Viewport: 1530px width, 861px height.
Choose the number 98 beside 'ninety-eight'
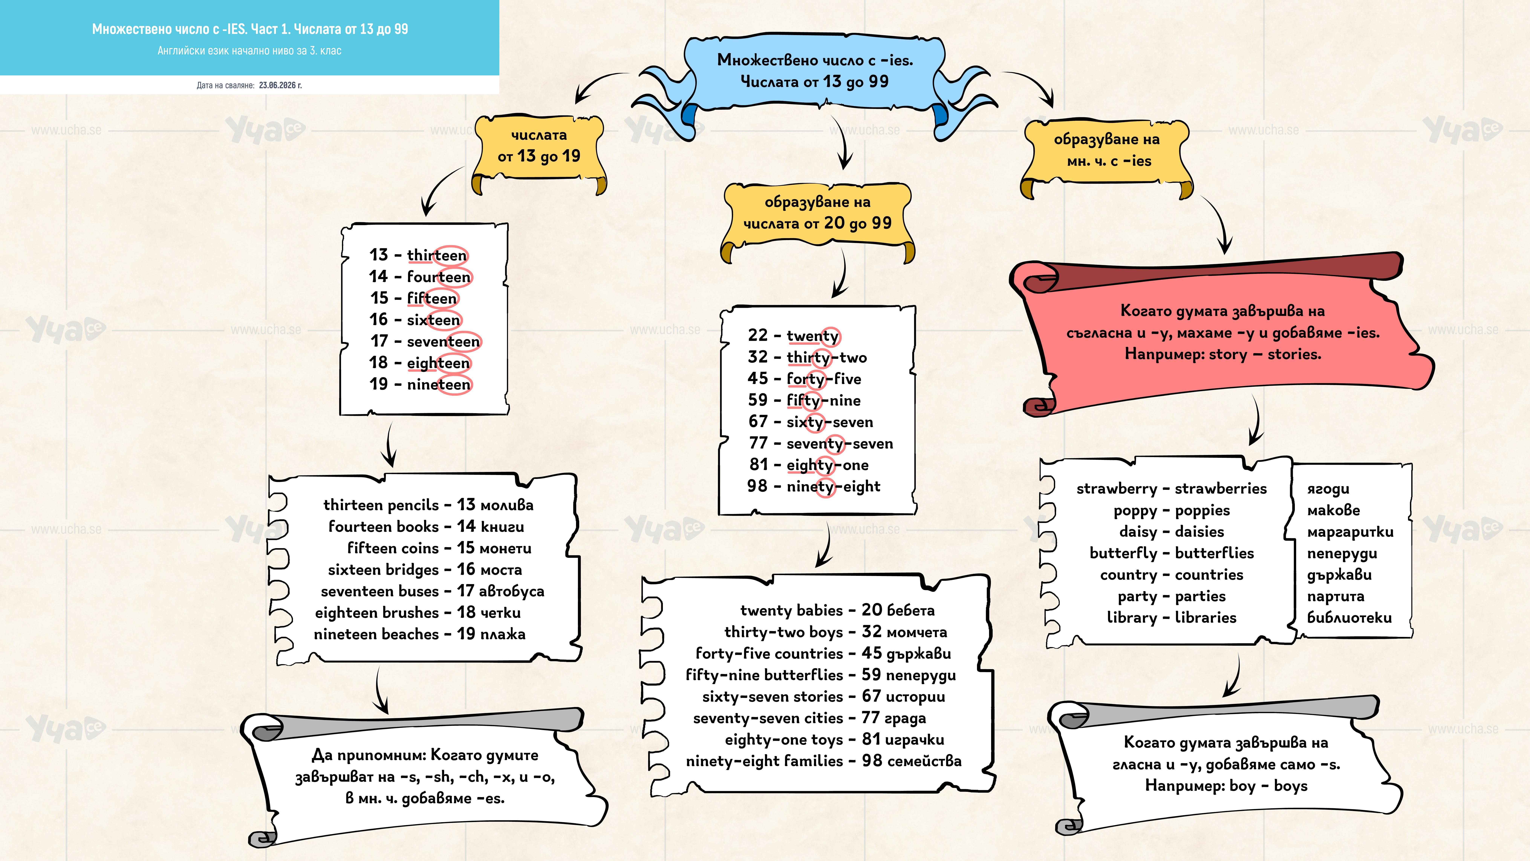(757, 486)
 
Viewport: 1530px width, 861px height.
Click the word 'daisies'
(1200, 532)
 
